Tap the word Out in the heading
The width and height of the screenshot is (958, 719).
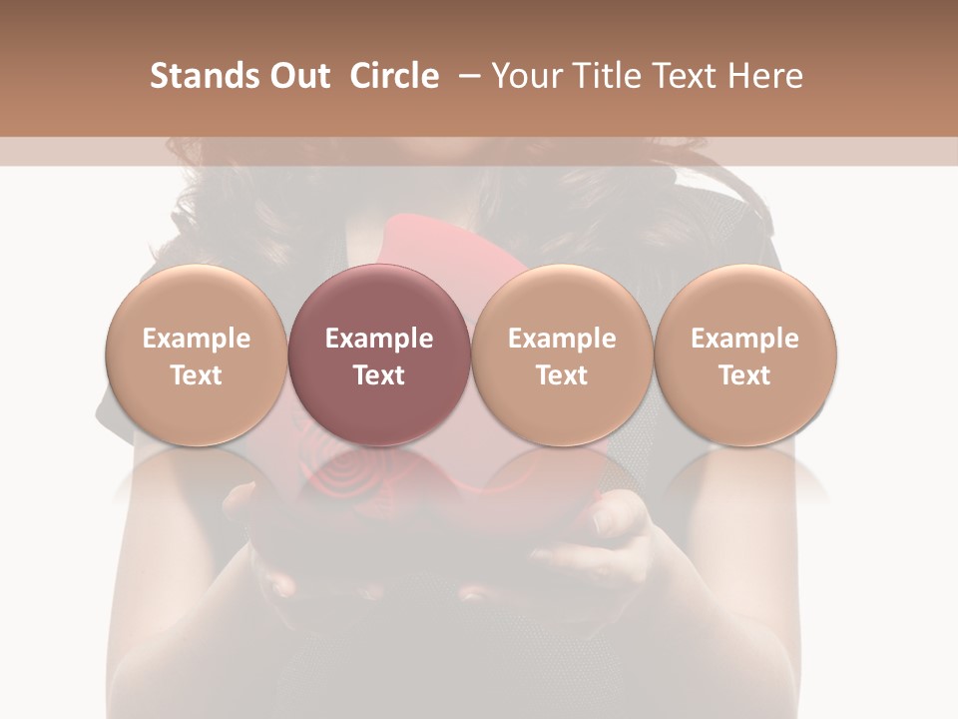[x=296, y=76]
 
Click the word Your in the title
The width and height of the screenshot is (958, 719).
[x=526, y=76]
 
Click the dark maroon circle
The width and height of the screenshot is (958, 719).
[x=378, y=355]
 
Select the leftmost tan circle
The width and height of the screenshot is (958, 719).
[x=196, y=355]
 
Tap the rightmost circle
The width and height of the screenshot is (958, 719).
[x=744, y=355]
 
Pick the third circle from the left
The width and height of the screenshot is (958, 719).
[x=562, y=355]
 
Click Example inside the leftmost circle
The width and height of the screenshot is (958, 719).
[x=196, y=339]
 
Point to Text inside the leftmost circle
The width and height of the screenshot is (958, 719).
[x=196, y=375]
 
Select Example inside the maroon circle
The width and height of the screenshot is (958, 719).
[x=378, y=339]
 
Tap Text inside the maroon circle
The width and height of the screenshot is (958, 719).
[x=378, y=375]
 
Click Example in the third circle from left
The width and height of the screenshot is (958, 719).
[x=562, y=339]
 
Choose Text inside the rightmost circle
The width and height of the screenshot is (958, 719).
[x=744, y=375]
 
